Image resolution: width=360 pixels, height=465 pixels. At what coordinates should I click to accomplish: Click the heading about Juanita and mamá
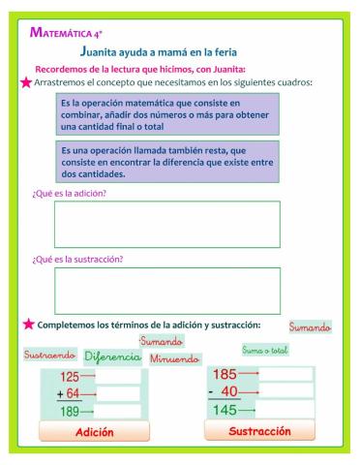(159, 51)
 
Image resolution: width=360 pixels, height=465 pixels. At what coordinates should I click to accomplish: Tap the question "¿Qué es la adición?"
(69, 194)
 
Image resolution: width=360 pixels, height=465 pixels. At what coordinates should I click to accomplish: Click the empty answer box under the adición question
(166, 225)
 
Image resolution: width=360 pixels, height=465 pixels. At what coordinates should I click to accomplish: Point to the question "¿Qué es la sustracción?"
(76, 260)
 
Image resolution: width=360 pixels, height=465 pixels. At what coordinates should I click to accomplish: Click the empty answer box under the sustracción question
(166, 290)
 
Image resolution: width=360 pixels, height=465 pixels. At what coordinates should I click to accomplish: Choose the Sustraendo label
(49, 355)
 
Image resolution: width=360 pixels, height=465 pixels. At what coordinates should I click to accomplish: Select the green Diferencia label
(112, 357)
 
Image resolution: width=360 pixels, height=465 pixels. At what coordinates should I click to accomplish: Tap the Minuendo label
(174, 358)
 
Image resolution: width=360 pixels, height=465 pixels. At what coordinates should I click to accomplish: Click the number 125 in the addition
(71, 377)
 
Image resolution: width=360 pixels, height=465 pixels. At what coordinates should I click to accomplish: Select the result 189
(70, 412)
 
